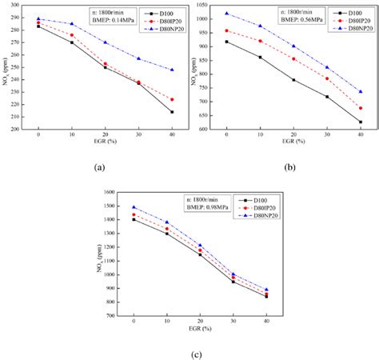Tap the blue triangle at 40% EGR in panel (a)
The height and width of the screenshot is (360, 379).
[x=171, y=70]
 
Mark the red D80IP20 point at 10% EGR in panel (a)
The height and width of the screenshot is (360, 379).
[x=71, y=35]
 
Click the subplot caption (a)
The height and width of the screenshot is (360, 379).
[x=99, y=167]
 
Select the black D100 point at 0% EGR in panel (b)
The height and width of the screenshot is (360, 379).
[x=227, y=42]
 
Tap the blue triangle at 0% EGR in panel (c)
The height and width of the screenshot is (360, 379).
[x=133, y=207]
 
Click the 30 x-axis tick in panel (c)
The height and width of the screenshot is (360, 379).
[x=233, y=323]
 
